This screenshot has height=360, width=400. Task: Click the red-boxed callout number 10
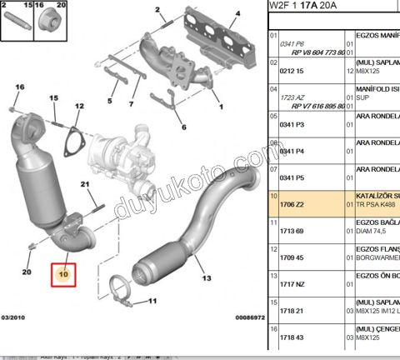pyautogui.click(x=63, y=272)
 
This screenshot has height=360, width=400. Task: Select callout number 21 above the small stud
pyautogui.click(x=85, y=184)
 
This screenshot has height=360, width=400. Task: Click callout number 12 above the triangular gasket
pyautogui.click(x=80, y=107)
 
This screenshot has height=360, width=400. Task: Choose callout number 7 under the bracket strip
pyautogui.click(x=130, y=104)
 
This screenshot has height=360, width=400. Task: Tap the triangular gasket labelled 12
pyautogui.click(x=73, y=139)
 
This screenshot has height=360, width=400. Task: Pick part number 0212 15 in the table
pyautogui.click(x=291, y=74)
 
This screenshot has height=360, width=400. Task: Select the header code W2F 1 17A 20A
pyautogui.click(x=302, y=5)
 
